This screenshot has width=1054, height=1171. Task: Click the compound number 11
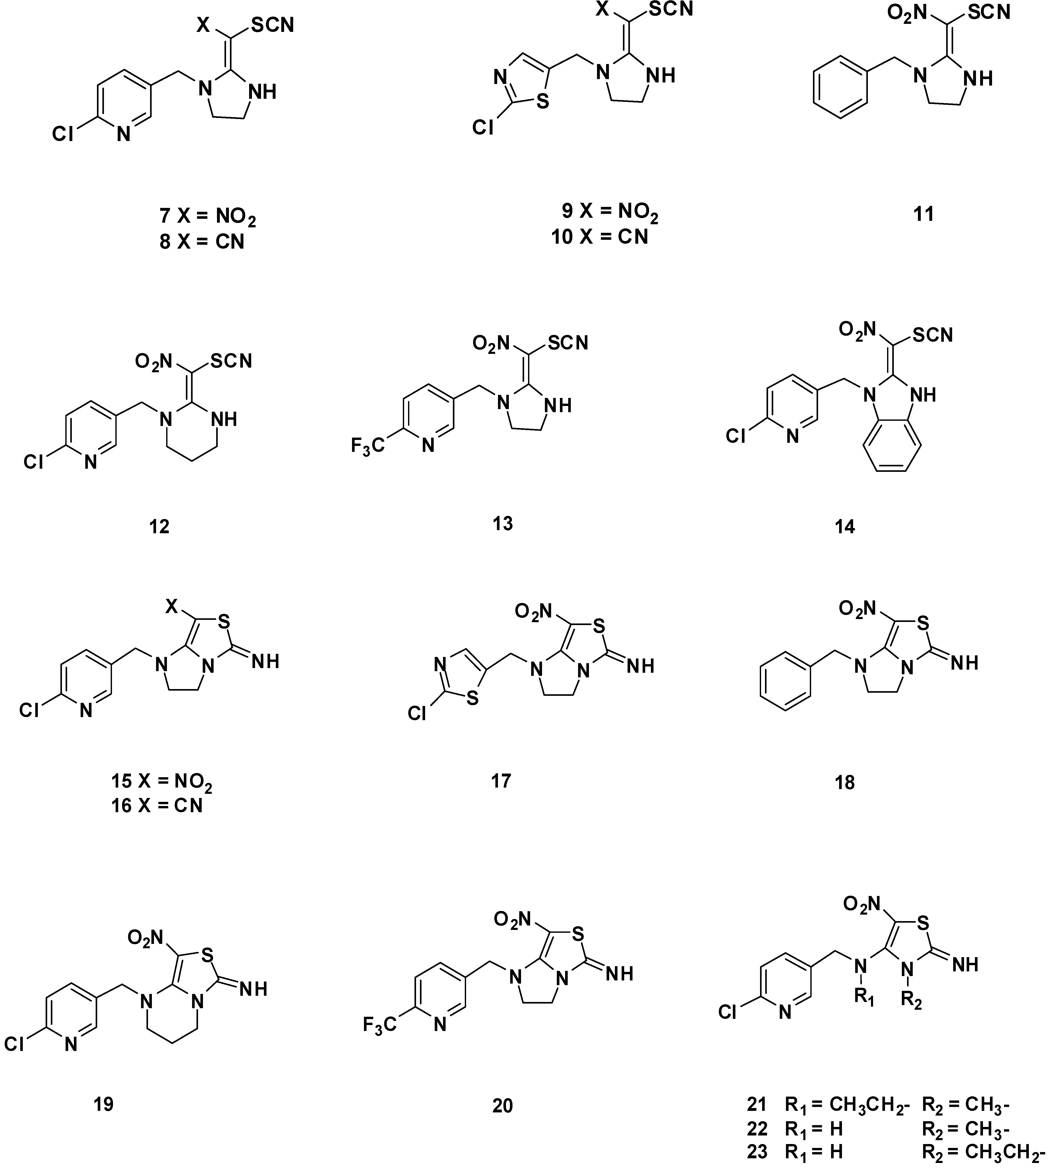(x=924, y=214)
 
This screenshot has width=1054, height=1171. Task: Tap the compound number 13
(x=503, y=523)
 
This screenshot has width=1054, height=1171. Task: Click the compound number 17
(x=501, y=781)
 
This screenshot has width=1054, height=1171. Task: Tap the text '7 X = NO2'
(x=207, y=217)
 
